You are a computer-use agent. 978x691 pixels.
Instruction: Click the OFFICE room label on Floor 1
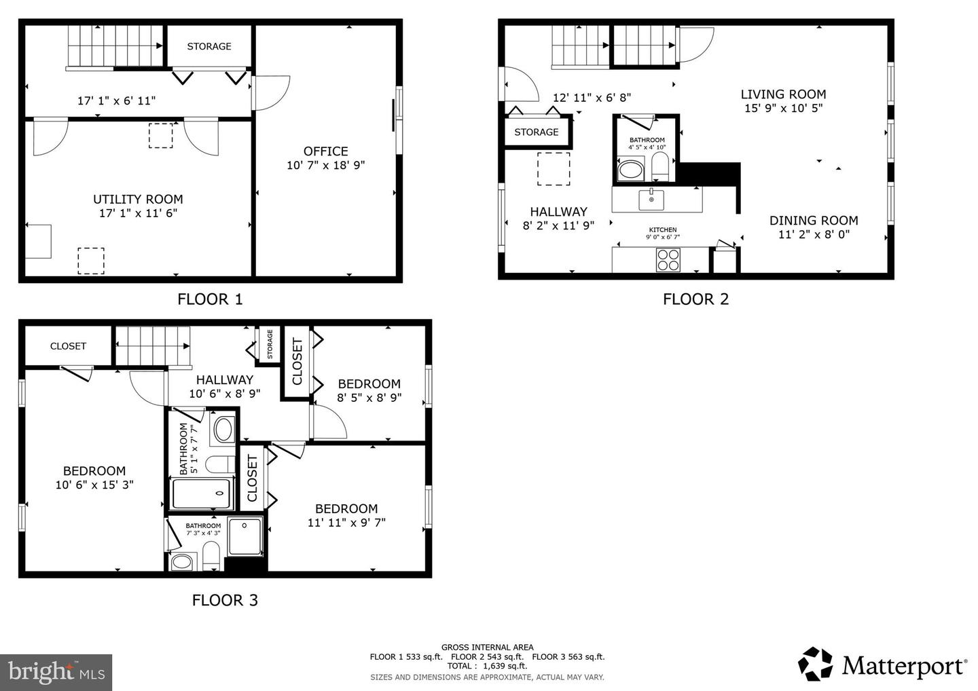[326, 151]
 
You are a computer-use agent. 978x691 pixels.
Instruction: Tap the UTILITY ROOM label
[138, 200]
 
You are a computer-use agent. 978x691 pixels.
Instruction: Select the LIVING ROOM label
[783, 94]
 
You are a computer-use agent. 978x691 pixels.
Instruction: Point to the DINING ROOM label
[814, 221]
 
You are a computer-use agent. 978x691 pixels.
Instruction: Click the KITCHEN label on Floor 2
[663, 229]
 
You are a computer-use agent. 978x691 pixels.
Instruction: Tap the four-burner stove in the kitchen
[668, 259]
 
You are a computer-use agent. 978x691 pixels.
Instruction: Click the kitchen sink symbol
[651, 200]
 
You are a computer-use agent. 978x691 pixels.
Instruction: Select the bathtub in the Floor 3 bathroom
[201, 493]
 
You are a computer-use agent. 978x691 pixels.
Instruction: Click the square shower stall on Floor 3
[245, 536]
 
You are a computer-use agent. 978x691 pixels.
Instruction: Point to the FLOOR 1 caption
[210, 299]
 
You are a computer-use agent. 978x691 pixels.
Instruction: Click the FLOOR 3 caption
[225, 600]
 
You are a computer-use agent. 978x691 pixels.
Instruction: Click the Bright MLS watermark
[56, 672]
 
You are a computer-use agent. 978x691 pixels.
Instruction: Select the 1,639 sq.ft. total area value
[505, 666]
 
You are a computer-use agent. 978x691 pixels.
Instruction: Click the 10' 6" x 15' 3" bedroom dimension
[94, 485]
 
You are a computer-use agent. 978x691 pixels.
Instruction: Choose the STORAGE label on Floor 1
[209, 46]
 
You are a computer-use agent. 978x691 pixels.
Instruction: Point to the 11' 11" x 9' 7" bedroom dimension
[346, 522]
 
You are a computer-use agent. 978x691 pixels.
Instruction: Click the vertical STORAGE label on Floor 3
[270, 344]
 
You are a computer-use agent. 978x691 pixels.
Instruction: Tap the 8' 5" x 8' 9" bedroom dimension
[369, 397]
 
